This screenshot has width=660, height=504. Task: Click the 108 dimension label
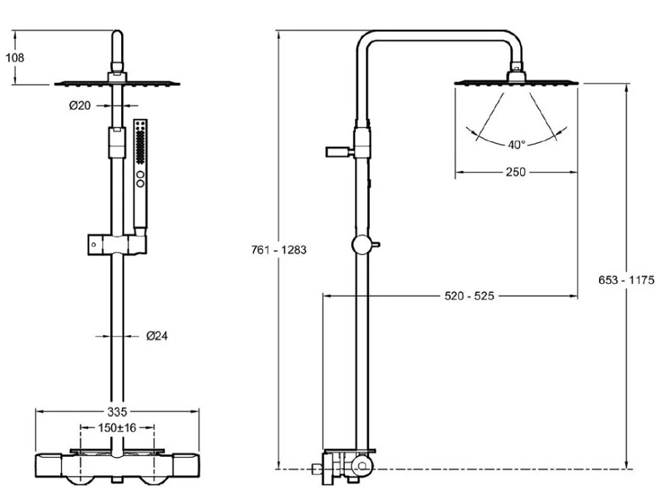click(15, 58)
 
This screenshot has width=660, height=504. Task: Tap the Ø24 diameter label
click(157, 336)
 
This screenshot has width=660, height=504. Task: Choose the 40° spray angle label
click(516, 145)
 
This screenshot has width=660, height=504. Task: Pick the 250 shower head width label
click(515, 172)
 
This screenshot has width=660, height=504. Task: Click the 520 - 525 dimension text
click(469, 296)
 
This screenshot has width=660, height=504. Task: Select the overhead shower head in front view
click(117, 83)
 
